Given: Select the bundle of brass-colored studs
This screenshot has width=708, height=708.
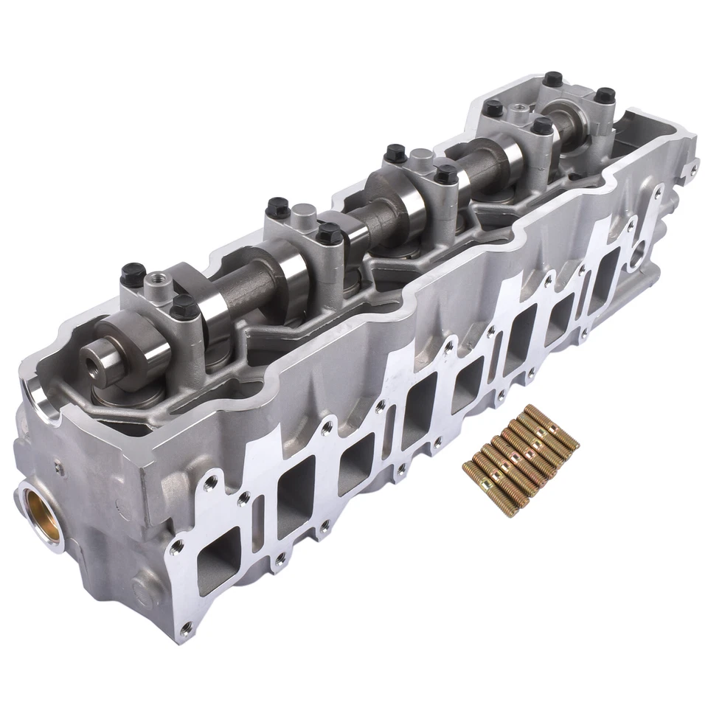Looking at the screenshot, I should pyautogui.click(x=521, y=461).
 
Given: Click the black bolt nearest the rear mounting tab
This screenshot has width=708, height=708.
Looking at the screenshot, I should pyautogui.click(x=605, y=95).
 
